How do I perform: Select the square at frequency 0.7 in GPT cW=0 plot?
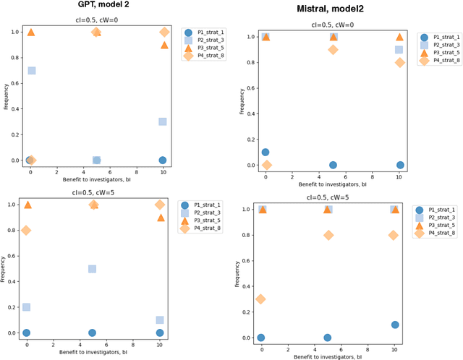click(x=31, y=70)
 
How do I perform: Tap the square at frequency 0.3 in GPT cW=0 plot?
click(x=163, y=121)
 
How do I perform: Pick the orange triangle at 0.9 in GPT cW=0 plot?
click(x=164, y=45)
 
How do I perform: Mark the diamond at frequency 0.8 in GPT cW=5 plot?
click(x=26, y=231)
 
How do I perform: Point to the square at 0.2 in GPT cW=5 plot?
click(x=26, y=307)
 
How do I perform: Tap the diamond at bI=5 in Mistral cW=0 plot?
click(x=333, y=50)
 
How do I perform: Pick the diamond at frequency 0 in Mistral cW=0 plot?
click(x=267, y=165)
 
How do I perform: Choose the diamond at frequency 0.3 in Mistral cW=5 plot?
click(x=260, y=299)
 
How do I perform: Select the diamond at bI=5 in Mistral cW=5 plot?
click(x=328, y=235)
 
